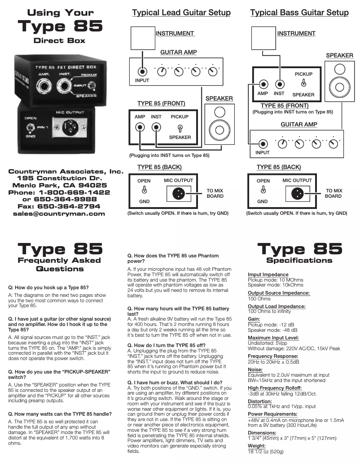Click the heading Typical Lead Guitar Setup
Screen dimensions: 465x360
pos(181,13)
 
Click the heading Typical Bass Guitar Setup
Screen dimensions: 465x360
pos(299,13)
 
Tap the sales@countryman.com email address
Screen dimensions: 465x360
pos(59,213)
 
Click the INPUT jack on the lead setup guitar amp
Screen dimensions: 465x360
pos(142,71)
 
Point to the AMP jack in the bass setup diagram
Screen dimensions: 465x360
pos(263,84)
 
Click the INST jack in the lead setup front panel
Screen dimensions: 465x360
pos(156,128)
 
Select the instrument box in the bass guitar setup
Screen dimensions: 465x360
pos(263,38)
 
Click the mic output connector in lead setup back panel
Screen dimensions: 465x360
pos(177,194)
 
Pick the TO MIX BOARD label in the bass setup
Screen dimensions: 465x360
pos(333,193)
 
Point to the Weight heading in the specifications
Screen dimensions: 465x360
pos(257,446)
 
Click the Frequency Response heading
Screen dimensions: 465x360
pos(273,356)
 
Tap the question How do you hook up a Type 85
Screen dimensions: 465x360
pos(48,287)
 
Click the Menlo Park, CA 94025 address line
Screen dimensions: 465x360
pos(59,185)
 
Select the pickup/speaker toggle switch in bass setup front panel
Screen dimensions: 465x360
pos(304,83)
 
